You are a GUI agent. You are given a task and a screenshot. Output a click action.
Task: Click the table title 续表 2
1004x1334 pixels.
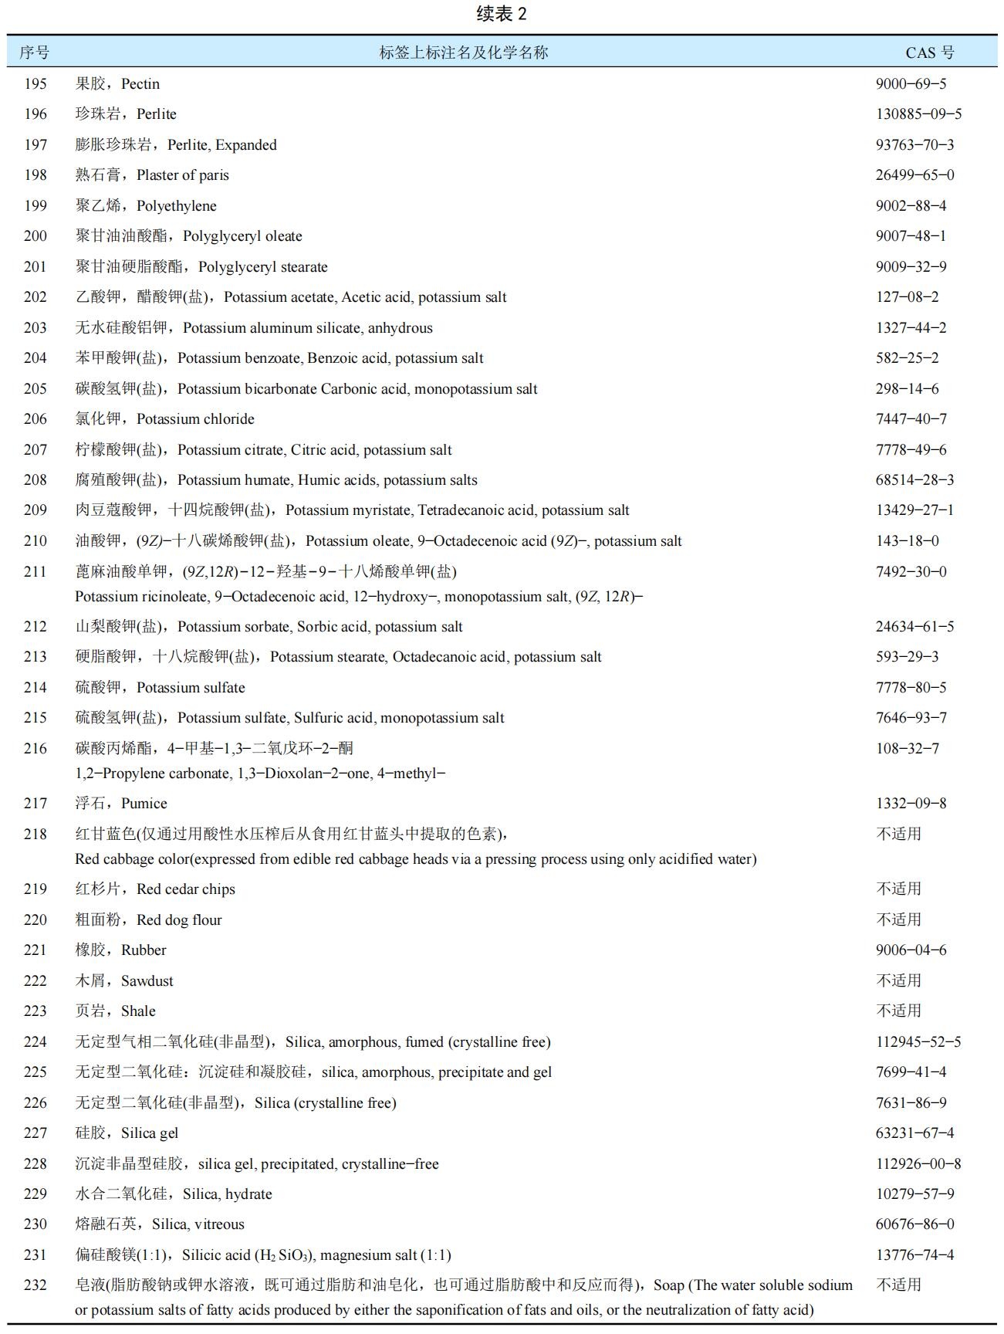point(502,14)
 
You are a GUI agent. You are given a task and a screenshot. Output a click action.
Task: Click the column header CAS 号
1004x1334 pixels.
point(929,52)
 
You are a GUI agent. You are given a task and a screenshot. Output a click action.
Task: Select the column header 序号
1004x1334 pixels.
point(35,52)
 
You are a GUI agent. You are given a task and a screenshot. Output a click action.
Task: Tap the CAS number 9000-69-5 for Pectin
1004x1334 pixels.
point(911,83)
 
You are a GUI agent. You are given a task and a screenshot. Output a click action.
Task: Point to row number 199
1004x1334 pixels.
point(35,205)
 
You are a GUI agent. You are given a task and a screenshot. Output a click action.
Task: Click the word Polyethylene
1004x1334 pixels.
point(177,205)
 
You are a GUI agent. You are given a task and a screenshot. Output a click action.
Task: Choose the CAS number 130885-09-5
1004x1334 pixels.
point(918,113)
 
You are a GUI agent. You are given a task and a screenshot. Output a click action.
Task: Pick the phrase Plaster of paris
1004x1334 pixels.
point(183,175)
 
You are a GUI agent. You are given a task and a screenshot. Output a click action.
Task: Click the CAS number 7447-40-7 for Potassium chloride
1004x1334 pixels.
point(911,418)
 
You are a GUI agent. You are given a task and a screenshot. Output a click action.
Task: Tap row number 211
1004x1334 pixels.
point(35,571)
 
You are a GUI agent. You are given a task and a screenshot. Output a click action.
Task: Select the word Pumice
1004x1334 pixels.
point(144,803)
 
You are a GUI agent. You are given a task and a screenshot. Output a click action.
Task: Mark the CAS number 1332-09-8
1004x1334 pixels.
point(911,803)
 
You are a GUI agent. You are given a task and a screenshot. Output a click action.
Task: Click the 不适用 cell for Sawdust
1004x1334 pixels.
point(898,980)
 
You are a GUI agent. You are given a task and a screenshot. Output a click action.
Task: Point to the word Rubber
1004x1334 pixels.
point(144,950)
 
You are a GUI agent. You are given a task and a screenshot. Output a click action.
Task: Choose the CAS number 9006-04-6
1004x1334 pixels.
point(911,950)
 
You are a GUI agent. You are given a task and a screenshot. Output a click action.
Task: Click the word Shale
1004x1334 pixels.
point(138,1011)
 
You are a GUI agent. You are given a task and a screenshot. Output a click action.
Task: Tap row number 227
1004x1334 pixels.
point(35,1133)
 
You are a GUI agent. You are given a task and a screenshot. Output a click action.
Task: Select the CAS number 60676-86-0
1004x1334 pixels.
point(914,1224)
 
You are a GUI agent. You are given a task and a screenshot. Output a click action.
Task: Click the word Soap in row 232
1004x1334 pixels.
point(669,1285)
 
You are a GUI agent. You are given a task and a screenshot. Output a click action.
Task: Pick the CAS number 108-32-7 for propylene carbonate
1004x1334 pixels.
point(907,748)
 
